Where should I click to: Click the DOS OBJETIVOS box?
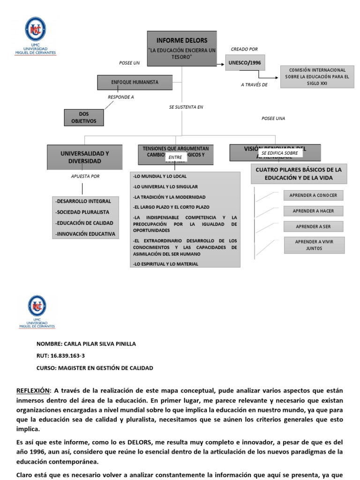(84, 117)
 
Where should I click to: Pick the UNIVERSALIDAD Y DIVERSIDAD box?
(85, 157)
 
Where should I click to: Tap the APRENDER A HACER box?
(313, 211)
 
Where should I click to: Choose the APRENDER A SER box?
(313, 226)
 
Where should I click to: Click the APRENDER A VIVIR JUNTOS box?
(314, 245)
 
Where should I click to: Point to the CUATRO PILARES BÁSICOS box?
(298, 173)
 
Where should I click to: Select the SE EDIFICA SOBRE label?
(280, 153)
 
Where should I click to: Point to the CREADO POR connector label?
(244, 49)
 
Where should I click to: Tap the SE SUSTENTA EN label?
(186, 107)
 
